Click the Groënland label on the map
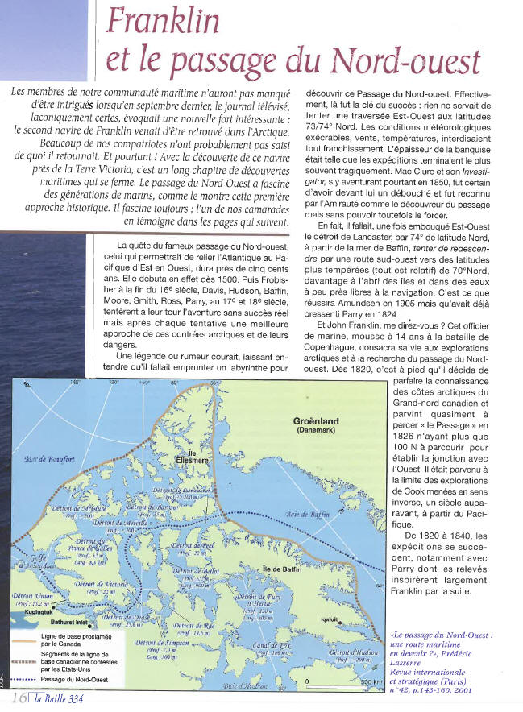(x=317, y=420)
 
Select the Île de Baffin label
(x=281, y=569)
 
